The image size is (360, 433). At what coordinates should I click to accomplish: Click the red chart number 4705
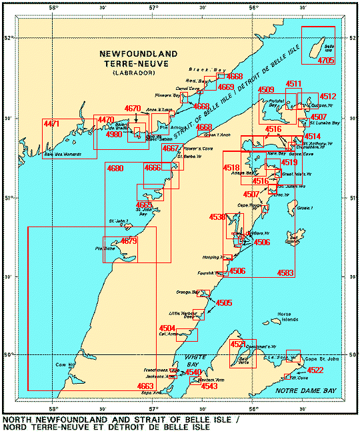[326, 61]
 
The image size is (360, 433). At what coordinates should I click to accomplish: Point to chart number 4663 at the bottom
[145, 386]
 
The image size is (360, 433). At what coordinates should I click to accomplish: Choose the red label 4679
[129, 241]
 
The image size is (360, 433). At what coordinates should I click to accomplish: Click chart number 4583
[285, 272]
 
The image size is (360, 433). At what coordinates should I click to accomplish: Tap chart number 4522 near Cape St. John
[315, 370]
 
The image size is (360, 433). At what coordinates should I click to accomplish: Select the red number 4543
[209, 386]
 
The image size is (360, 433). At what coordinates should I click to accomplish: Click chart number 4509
[266, 90]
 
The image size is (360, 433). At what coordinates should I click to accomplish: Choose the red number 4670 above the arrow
[133, 108]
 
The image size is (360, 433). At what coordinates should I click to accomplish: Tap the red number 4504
[167, 328]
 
